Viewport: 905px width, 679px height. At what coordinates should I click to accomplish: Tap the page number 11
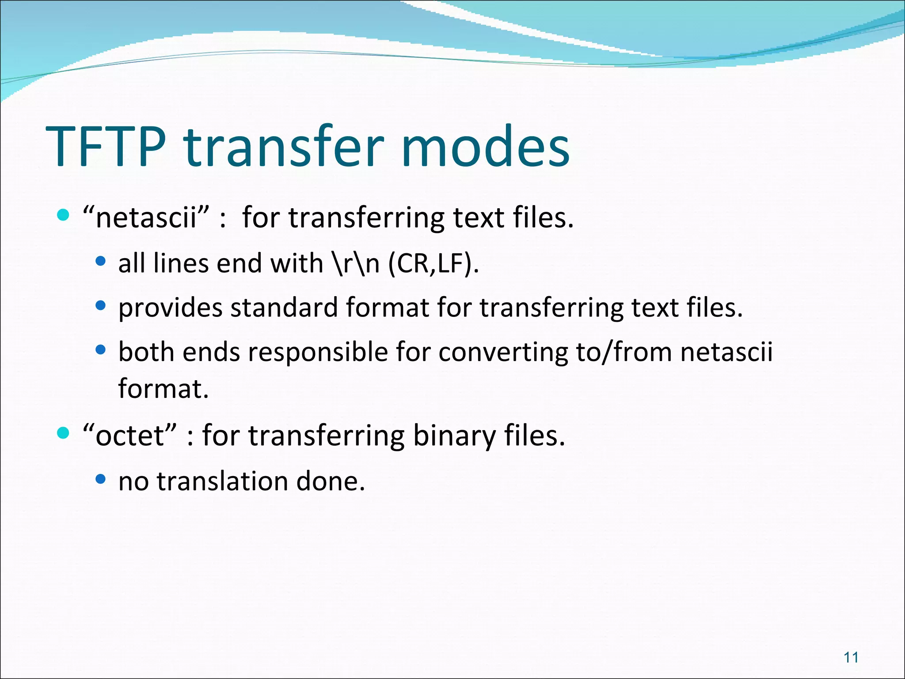click(x=851, y=657)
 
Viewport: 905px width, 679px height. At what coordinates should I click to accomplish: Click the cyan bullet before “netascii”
click(x=64, y=215)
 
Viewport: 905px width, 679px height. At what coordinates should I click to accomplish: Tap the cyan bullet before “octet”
click(x=64, y=433)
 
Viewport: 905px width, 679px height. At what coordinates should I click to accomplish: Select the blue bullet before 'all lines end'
click(x=101, y=261)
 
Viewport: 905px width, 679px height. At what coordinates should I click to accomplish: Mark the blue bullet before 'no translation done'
click(x=101, y=479)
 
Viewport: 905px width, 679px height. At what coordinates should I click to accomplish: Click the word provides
click(x=170, y=308)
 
